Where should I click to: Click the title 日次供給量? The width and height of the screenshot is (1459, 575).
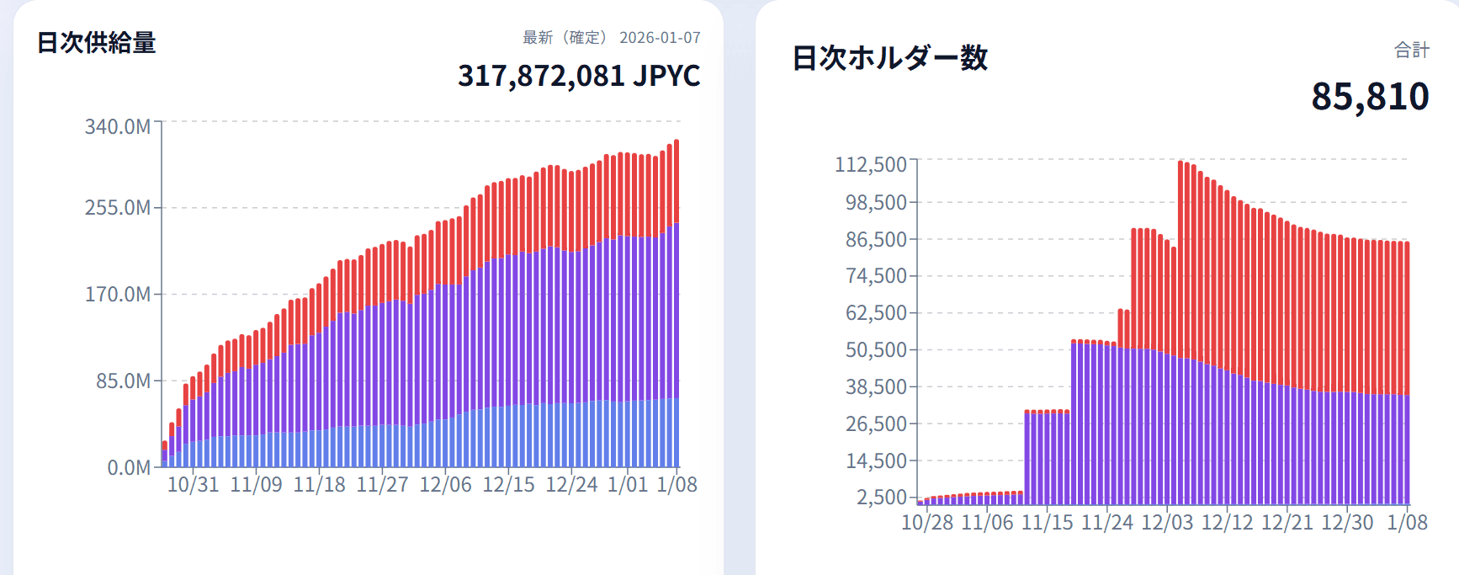pos(96,43)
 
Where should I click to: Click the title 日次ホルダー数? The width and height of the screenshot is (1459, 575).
pos(889,58)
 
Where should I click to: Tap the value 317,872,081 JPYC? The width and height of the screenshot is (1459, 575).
pos(579,76)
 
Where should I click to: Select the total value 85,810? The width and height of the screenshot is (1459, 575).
pos(1370,97)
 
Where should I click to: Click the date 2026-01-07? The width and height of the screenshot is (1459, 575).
pos(660,38)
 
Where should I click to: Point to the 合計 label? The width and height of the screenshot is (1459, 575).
pos(1411,51)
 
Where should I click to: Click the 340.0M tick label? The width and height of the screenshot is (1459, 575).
pos(118,127)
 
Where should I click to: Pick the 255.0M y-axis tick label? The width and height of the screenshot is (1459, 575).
pos(118,208)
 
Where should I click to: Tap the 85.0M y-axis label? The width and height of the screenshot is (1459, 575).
pos(123,381)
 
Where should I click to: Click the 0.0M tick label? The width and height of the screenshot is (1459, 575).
pos(129,468)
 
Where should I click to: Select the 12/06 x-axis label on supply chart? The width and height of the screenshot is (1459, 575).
pos(445,485)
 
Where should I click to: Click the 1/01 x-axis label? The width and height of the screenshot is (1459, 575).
pos(628,485)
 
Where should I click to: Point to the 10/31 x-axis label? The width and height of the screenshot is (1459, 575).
pos(193,485)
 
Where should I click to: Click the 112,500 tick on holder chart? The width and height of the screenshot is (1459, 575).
pos(871,164)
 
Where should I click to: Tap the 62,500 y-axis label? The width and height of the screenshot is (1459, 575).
pos(876,313)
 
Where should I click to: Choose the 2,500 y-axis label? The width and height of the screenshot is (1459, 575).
pos(882,498)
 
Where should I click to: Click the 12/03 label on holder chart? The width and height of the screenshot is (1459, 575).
pos(1167,523)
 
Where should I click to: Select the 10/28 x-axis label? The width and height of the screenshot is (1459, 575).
pos(926,523)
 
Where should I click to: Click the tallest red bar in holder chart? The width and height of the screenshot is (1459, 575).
pos(1181,253)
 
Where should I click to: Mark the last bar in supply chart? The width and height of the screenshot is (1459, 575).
pos(676,303)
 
